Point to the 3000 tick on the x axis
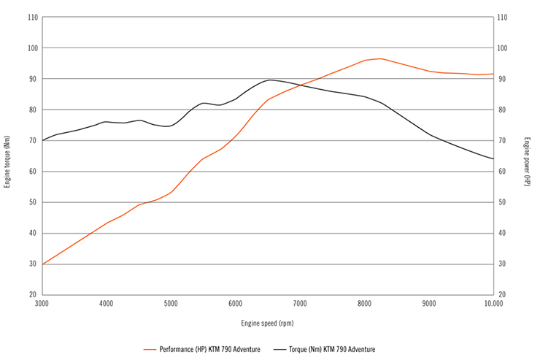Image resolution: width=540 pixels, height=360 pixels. [x=42, y=303]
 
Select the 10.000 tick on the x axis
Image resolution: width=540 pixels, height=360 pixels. [x=493, y=303]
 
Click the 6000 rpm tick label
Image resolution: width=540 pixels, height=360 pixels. [x=235, y=303]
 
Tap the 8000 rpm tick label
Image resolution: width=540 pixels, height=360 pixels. [x=365, y=303]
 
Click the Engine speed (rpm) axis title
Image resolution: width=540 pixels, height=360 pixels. [x=267, y=322]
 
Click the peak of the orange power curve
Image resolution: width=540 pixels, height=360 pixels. [x=379, y=58]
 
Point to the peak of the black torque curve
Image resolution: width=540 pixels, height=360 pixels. [x=270, y=80]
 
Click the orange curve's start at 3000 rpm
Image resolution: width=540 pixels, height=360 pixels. [x=42, y=264]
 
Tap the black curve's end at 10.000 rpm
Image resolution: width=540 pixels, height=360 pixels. [x=493, y=158]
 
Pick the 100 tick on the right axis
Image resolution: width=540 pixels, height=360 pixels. [x=502, y=48]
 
